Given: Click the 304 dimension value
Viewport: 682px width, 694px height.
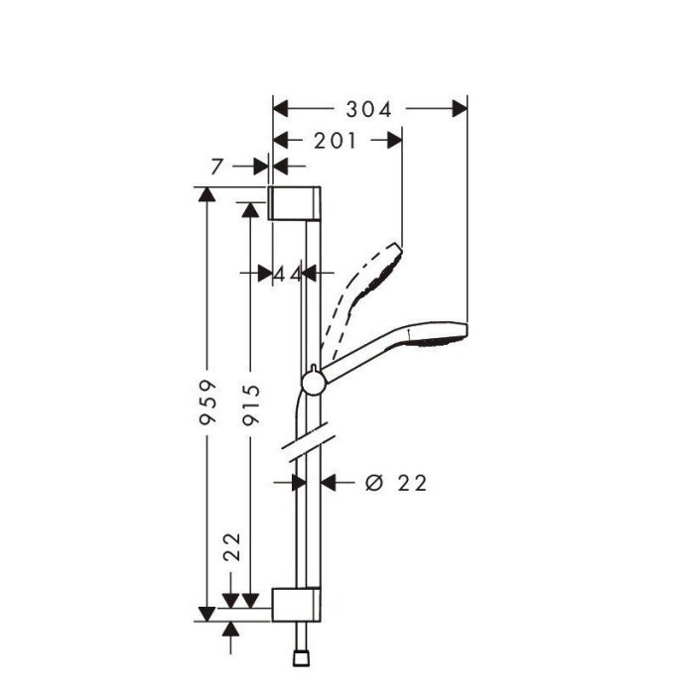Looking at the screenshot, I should click(x=369, y=108).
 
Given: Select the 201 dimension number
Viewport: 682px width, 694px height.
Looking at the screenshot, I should click(x=335, y=141).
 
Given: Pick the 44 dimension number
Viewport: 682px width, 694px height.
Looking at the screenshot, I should click(x=287, y=273).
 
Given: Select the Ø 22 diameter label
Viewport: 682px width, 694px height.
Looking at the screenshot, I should click(x=396, y=483).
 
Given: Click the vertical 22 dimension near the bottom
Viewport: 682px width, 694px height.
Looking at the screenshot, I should click(x=231, y=546).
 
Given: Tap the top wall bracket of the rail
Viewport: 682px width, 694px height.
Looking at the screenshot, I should click(x=295, y=202).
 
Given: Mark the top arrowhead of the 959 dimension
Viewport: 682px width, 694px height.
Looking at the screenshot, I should click(x=206, y=195).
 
